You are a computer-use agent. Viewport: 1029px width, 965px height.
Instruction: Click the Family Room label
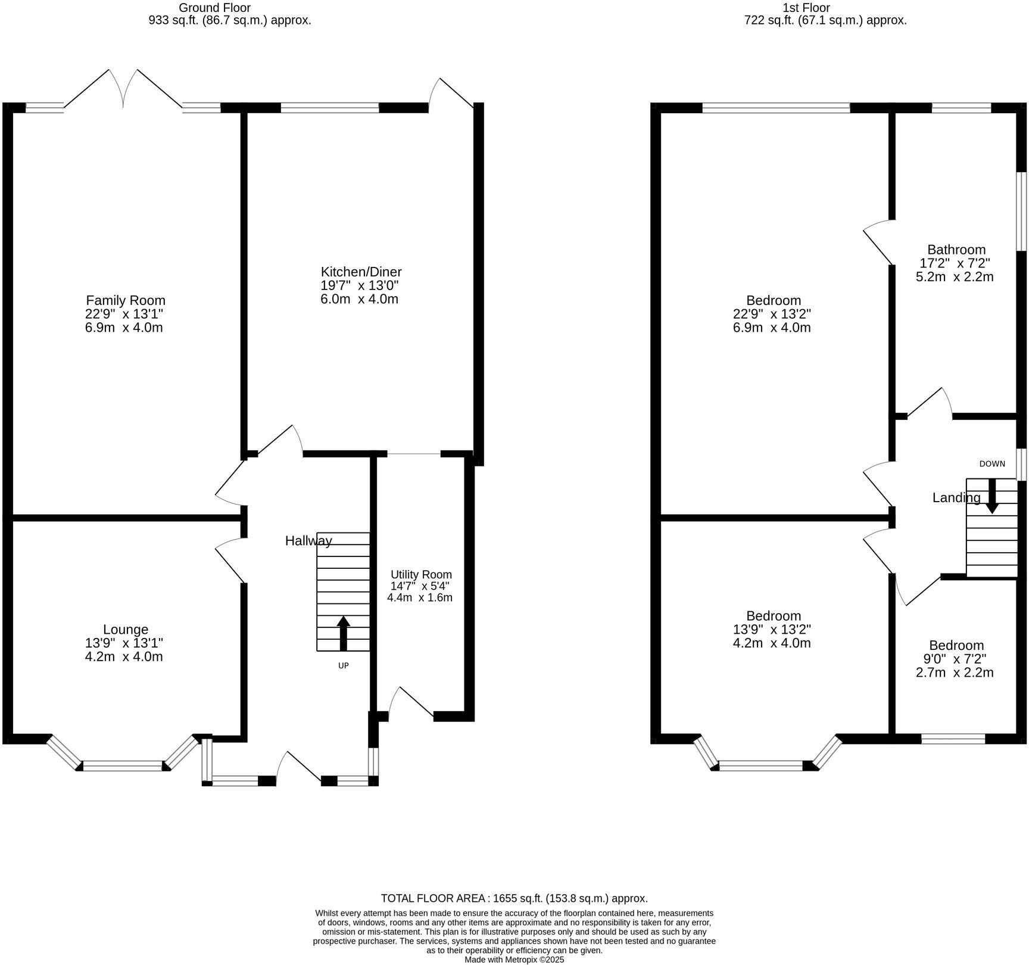pos(126,300)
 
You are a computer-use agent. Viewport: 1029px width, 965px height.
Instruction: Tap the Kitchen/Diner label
pos(361,272)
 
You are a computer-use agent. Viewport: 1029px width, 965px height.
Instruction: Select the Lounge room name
pos(126,630)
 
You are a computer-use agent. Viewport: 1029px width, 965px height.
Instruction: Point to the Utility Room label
pos(421,575)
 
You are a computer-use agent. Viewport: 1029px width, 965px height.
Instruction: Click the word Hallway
pos(308,541)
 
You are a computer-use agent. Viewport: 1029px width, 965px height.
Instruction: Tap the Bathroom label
pos(956,250)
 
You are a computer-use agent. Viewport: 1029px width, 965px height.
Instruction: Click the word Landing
pos(956,498)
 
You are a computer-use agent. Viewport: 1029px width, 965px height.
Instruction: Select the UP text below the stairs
pos(344,666)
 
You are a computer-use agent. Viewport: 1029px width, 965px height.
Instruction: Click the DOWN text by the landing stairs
pos(992,464)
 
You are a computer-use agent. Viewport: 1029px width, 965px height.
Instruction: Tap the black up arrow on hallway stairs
pos(343,633)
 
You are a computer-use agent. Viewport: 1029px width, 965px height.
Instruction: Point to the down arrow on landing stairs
pos(992,496)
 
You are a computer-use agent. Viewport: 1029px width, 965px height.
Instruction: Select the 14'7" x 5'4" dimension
pos(420,586)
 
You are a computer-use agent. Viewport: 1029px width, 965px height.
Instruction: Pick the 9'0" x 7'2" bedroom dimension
pos(955,659)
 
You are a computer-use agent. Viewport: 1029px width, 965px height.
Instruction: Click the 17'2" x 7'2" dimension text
pos(955,263)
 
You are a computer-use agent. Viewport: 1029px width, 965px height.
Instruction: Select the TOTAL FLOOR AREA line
pos(514,898)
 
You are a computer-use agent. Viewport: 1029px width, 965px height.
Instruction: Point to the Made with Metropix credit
pos(514,960)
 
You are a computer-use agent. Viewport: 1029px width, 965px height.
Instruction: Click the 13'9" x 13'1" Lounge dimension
pos(124,643)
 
